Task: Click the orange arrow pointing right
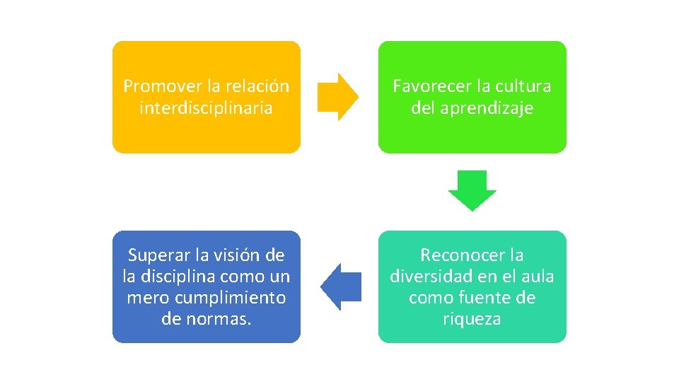click(x=337, y=96)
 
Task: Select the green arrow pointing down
click(x=472, y=190)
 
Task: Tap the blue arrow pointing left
click(x=341, y=286)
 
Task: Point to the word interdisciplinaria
click(x=206, y=108)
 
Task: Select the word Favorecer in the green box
click(x=431, y=86)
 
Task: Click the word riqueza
click(x=472, y=319)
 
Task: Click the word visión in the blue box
click(x=236, y=255)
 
